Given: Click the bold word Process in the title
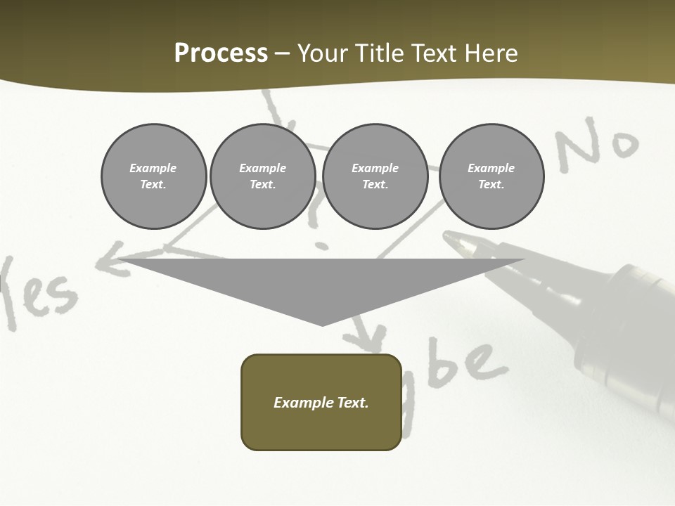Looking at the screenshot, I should pos(221,53).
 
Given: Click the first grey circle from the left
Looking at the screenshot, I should pos(153,176).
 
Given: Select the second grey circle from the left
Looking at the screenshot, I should pos(262,176).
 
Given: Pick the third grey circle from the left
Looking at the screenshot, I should pos(375,176).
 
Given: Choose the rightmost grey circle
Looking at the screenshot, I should pos(491,176).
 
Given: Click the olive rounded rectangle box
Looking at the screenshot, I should pos(321,402).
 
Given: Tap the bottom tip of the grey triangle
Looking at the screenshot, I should pos(322,324).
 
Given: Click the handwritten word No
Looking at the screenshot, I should pos(598,145).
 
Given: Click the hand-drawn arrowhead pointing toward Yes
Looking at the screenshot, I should pos(105,261).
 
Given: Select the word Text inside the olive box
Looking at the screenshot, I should pos(353,403).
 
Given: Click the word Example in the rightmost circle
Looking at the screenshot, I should pos(491,168).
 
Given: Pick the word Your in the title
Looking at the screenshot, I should pos(323,53).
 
